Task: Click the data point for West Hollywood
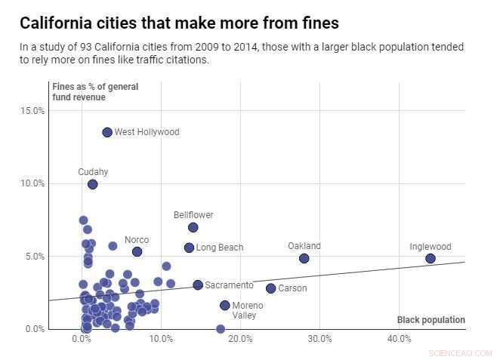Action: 107,132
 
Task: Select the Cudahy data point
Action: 92,184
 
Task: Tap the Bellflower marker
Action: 193,227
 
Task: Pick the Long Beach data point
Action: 189,248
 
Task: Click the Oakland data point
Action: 304,258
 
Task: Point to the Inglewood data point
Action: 430,258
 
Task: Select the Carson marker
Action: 270,288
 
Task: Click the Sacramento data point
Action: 198,285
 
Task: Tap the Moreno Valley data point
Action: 224,305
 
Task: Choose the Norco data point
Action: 137,251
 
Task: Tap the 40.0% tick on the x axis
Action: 400,339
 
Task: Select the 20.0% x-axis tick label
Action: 240,339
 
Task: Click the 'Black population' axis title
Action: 430,320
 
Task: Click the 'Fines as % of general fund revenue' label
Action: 95,91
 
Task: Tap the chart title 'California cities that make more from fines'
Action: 179,23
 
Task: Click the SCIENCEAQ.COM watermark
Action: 459,352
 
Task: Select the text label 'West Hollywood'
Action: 147,132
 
